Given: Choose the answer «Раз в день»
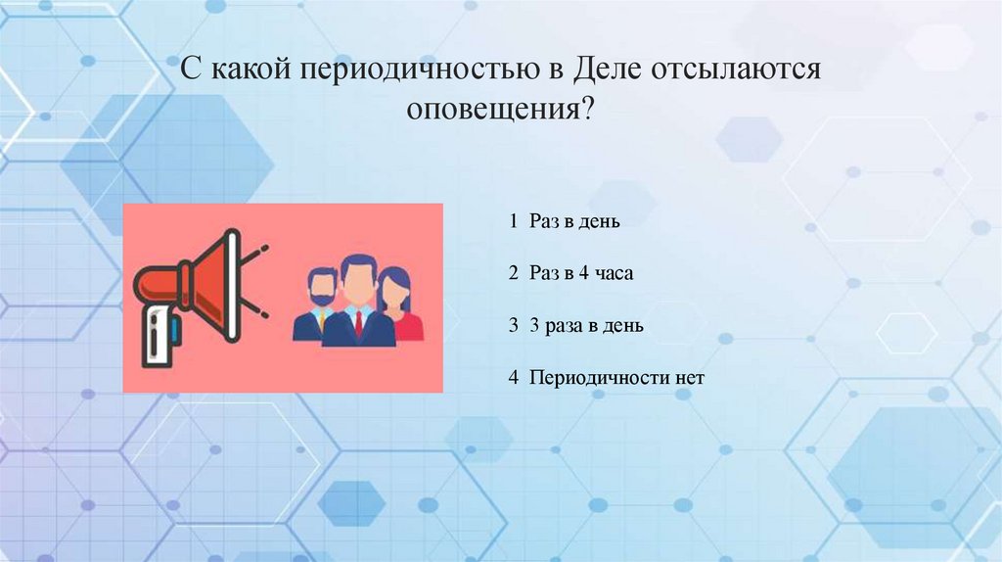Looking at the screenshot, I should [575, 221].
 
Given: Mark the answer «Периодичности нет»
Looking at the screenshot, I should [617, 377].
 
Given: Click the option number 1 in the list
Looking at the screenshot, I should [513, 221].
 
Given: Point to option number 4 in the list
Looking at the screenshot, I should [513, 377].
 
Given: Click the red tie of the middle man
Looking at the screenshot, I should [359, 322].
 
